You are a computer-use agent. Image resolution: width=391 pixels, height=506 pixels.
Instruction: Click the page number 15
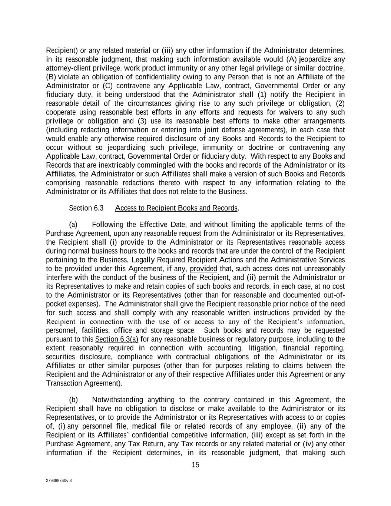pyautogui.click(x=195, y=465)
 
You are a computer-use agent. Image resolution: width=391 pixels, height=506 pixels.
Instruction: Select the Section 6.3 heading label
pyautogui.click(x=86, y=208)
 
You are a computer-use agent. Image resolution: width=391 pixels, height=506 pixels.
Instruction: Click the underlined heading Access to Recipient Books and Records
pyautogui.click(x=176, y=208)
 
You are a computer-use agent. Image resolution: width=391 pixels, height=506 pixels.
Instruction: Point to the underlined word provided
pyautogui.click(x=203, y=269)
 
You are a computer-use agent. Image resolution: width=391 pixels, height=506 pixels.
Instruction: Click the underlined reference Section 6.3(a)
pyautogui.click(x=117, y=339)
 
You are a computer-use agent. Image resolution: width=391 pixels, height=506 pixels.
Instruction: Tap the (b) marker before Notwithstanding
pyautogui.click(x=73, y=400)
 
